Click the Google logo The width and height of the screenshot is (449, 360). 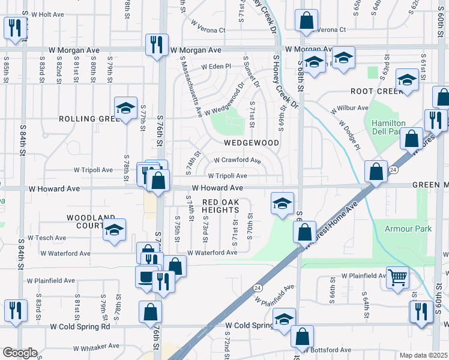pyautogui.click(x=20, y=352)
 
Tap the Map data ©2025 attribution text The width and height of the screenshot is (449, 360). pyautogui.click(x=423, y=355)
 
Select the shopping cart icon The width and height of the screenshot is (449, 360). pyautogui.click(x=397, y=278)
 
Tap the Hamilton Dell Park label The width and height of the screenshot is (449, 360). pyautogui.click(x=388, y=127)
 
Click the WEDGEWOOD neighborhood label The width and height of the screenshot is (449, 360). pyautogui.click(x=252, y=143)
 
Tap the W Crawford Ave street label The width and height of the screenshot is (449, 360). pyautogui.click(x=238, y=161)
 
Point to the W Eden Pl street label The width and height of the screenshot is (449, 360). pyautogui.click(x=216, y=67)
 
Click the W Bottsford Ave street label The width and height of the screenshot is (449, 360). pyautogui.click(x=328, y=350)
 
